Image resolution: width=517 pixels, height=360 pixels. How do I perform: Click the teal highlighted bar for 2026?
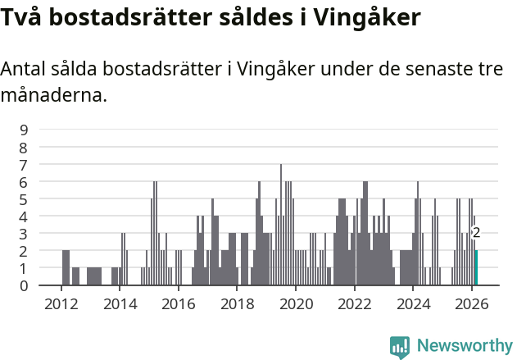pos(476,268)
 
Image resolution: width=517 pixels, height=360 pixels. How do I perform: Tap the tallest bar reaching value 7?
pos(281,226)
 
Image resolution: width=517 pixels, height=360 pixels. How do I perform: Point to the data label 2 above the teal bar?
pos(476,233)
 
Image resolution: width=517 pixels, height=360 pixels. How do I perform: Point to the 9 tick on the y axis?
pos(25,129)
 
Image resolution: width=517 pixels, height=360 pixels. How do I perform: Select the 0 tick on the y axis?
pos(25,285)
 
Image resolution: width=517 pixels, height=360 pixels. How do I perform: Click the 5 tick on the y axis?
pos(25,198)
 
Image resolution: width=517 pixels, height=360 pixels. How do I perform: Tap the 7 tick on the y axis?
pos(25,164)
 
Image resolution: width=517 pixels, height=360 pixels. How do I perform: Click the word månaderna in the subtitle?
pos(53,96)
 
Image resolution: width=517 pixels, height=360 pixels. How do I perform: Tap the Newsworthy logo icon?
pos(400,346)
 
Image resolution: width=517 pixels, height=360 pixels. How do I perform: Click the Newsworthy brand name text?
pos(465,346)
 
